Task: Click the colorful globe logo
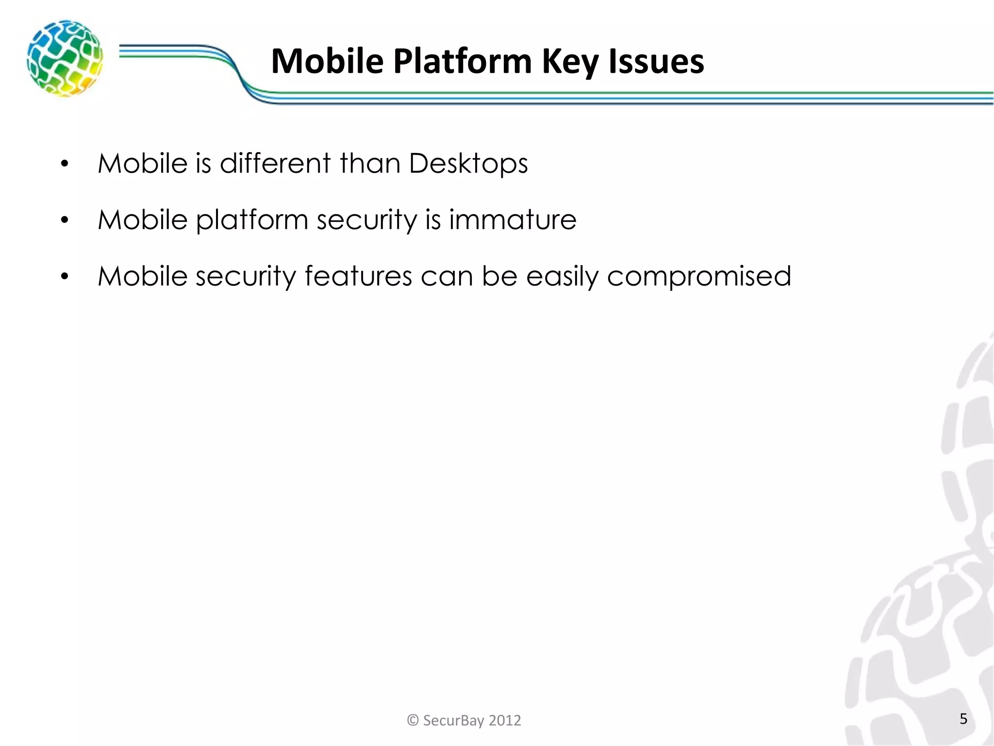65,58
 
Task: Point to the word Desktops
468,163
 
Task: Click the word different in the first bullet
275,163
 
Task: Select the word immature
513,220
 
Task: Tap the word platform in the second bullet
252,220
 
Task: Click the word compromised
699,276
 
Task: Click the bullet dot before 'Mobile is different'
65,164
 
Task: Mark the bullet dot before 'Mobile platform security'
65,220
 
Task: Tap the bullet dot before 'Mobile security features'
65,277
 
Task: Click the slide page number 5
963,718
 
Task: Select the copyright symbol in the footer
413,720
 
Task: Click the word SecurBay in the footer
453,720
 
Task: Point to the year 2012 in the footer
505,720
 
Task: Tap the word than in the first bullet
370,163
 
